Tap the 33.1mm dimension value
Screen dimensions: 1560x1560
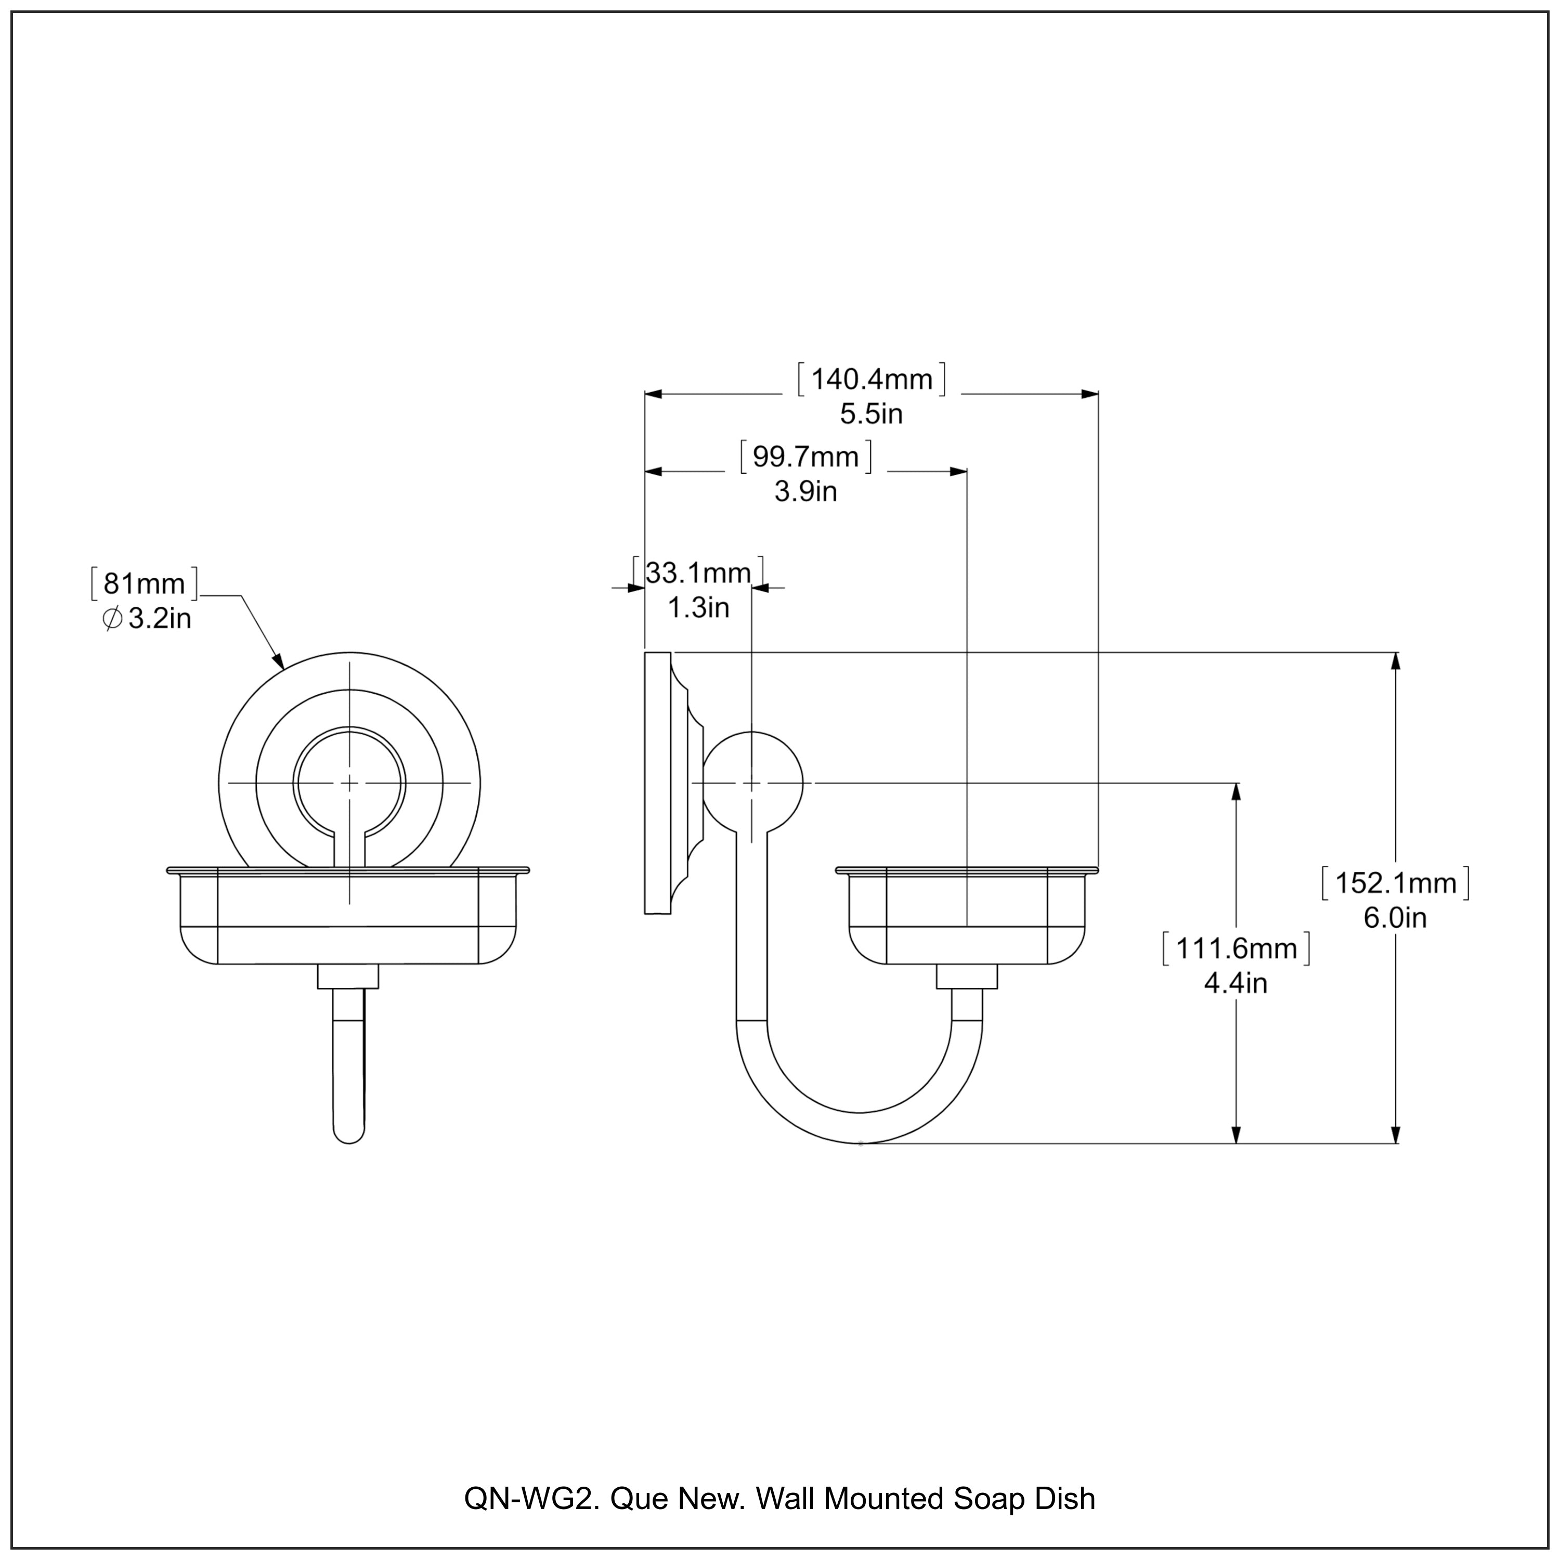[698, 573]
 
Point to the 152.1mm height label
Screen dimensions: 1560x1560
[1395, 882]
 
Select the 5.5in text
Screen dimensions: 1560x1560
[870, 414]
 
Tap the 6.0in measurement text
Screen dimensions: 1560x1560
[1395, 918]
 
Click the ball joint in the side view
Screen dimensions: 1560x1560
[752, 783]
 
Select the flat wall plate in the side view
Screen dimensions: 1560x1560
[657, 783]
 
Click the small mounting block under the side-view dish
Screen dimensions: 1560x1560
[967, 976]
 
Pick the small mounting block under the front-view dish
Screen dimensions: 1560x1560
[348, 976]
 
